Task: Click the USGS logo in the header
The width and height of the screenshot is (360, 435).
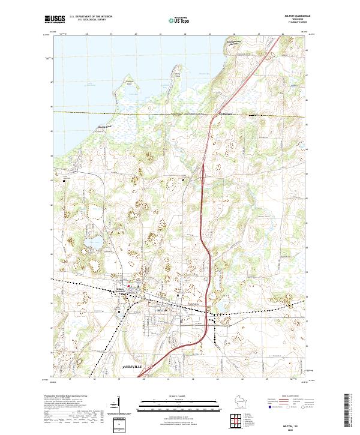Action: pyautogui.click(x=55, y=19)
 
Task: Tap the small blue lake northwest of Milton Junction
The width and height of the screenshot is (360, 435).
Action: pyautogui.click(x=92, y=244)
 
